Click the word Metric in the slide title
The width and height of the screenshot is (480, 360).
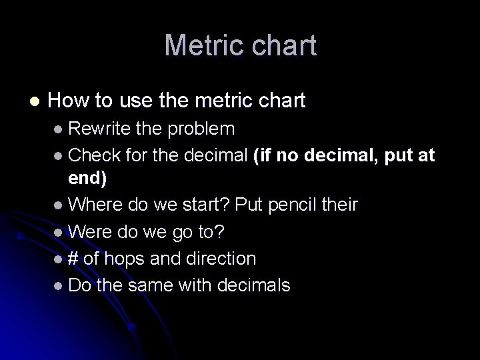[201, 45]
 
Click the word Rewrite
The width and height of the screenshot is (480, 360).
[97, 127]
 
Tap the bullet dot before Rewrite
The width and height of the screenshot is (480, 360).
[59, 128]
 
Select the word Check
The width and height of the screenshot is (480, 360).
[93, 155]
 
